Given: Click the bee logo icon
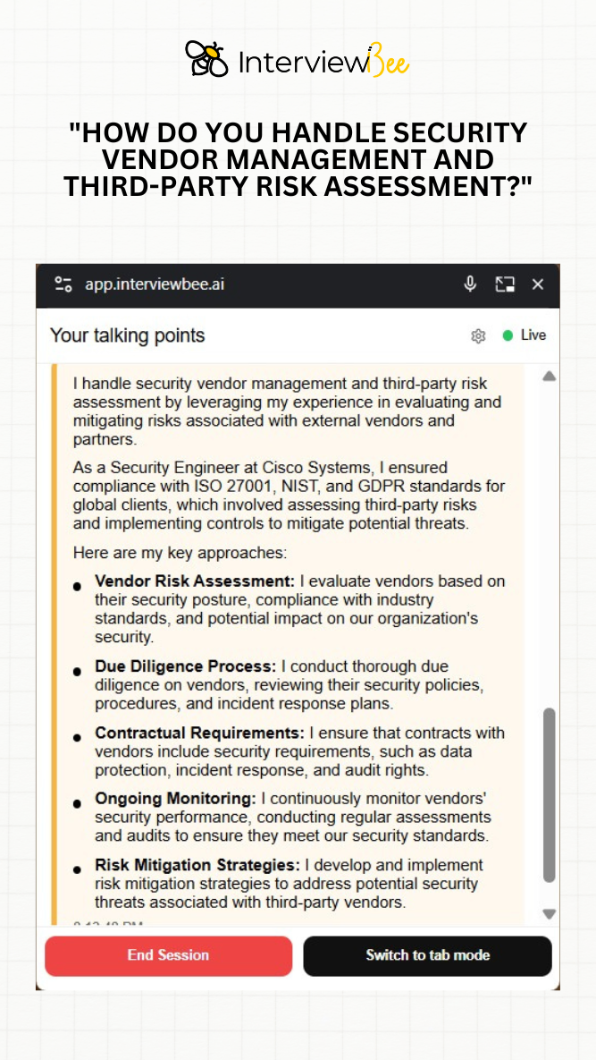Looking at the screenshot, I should point(206,59).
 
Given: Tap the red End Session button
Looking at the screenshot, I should point(168,955).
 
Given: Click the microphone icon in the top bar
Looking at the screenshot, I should point(470,284).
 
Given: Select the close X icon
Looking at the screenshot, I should point(538,284).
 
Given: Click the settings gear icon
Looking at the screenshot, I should point(478,335).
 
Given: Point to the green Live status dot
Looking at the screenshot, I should point(508,335).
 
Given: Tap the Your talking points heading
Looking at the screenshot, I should point(127,335).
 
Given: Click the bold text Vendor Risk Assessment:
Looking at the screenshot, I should point(195,581).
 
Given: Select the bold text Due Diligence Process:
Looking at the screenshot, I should point(186,666).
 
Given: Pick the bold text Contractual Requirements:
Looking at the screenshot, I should point(199,734).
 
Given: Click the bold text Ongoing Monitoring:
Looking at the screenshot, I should point(175,798).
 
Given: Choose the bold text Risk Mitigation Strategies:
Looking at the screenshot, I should point(197,865).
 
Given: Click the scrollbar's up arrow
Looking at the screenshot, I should point(549,377).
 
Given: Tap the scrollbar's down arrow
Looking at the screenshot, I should point(549,914).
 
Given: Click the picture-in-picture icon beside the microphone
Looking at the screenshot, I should point(505,284).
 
